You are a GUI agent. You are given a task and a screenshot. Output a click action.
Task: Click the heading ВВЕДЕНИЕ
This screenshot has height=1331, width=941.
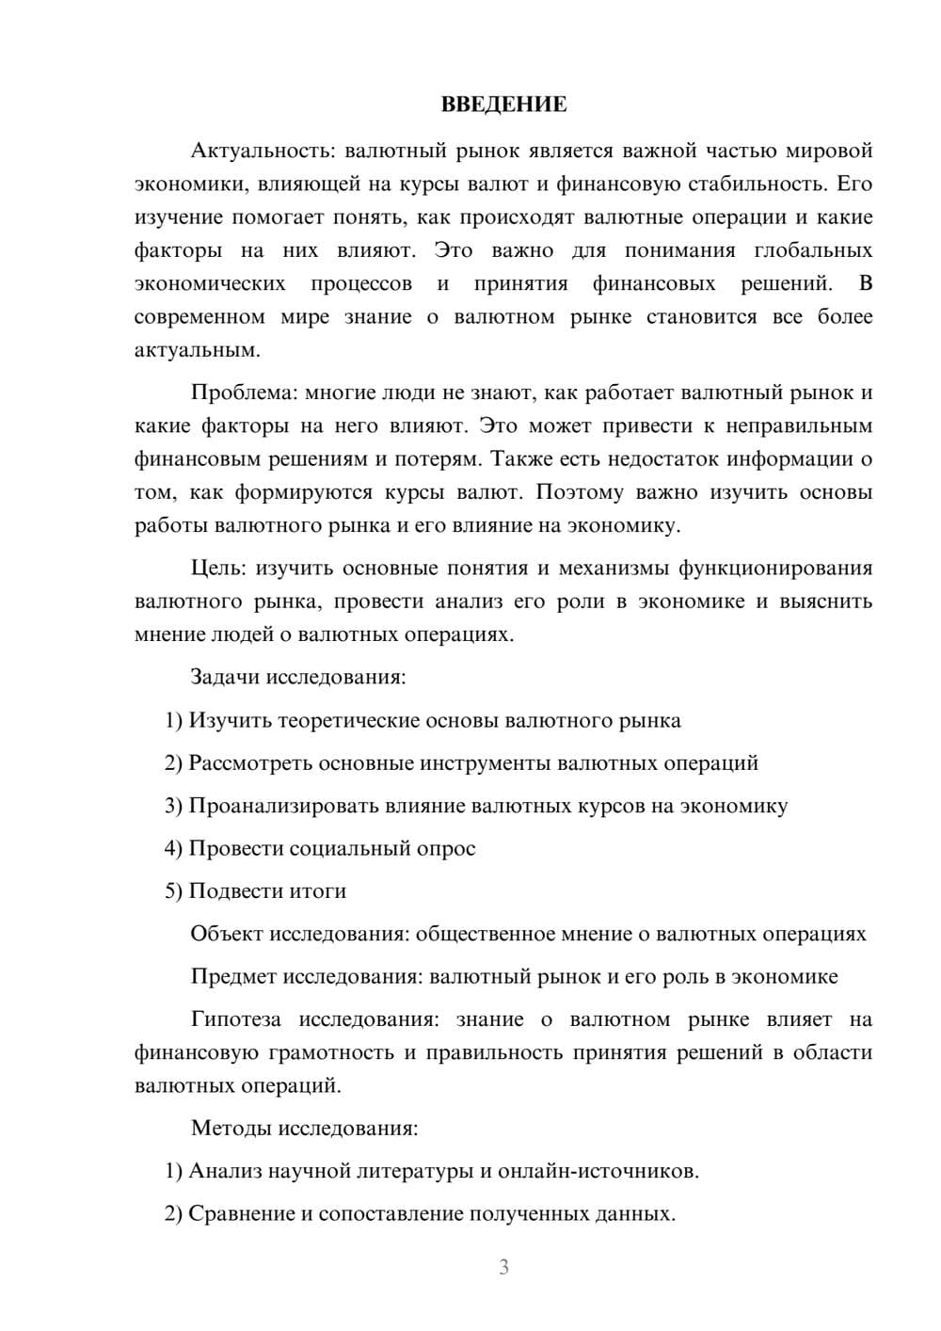503,104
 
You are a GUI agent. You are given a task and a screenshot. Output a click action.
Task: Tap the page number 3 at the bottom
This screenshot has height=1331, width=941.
503,1267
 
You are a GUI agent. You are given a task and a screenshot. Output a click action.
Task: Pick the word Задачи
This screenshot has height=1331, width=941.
226,677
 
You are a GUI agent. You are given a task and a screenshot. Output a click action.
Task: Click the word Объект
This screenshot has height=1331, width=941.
227,934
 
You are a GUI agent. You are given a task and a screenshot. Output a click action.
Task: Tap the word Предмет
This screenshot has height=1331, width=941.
232,976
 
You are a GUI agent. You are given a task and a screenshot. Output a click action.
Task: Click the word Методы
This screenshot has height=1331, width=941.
229,1128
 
